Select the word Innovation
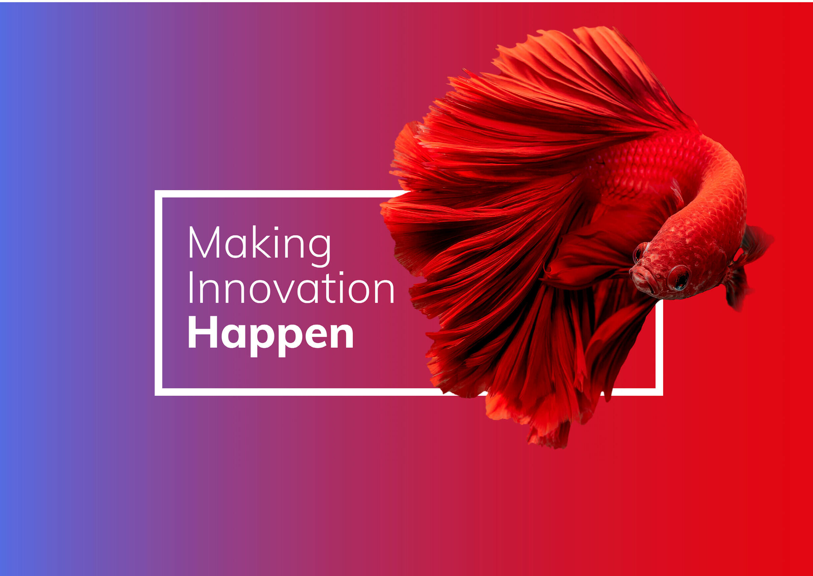[x=291, y=288]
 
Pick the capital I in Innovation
[x=191, y=288]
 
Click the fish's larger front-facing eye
[x=679, y=277]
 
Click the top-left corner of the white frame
[x=158, y=194]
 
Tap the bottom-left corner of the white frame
[x=158, y=392]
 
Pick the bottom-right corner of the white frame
[x=660, y=392]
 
